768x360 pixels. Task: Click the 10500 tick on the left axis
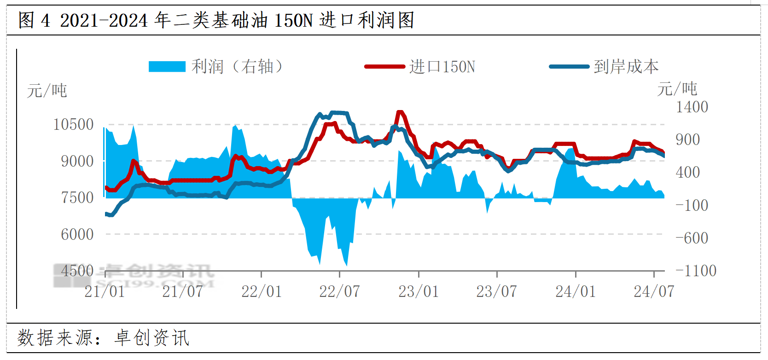pyautogui.click(x=73, y=124)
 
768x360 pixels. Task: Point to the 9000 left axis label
pyautogui.click(x=77, y=161)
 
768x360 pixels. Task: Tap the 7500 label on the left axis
pyautogui.click(x=77, y=197)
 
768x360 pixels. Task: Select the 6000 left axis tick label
pyautogui.click(x=77, y=234)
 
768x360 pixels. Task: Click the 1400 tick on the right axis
pyautogui.click(x=692, y=107)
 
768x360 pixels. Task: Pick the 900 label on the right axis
pyautogui.click(x=687, y=139)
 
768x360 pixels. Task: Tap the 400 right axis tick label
pyautogui.click(x=687, y=172)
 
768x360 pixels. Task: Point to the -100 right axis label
pyautogui.click(x=692, y=205)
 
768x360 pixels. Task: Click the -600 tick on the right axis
pyautogui.click(x=692, y=238)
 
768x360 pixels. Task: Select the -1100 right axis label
pyautogui.click(x=696, y=270)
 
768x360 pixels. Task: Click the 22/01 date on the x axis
pyautogui.click(x=262, y=291)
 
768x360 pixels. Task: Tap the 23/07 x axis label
pyautogui.click(x=496, y=291)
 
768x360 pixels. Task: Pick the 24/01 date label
pyautogui.click(x=576, y=291)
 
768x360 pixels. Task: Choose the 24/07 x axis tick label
pyautogui.click(x=654, y=291)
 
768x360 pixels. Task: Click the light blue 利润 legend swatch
pyautogui.click(x=167, y=67)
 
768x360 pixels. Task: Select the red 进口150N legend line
pyautogui.click(x=384, y=67)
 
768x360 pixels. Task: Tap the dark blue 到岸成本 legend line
pyautogui.click(x=569, y=67)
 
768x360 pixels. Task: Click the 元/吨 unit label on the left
pyautogui.click(x=47, y=91)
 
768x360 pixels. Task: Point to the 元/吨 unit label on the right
pyautogui.click(x=677, y=88)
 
